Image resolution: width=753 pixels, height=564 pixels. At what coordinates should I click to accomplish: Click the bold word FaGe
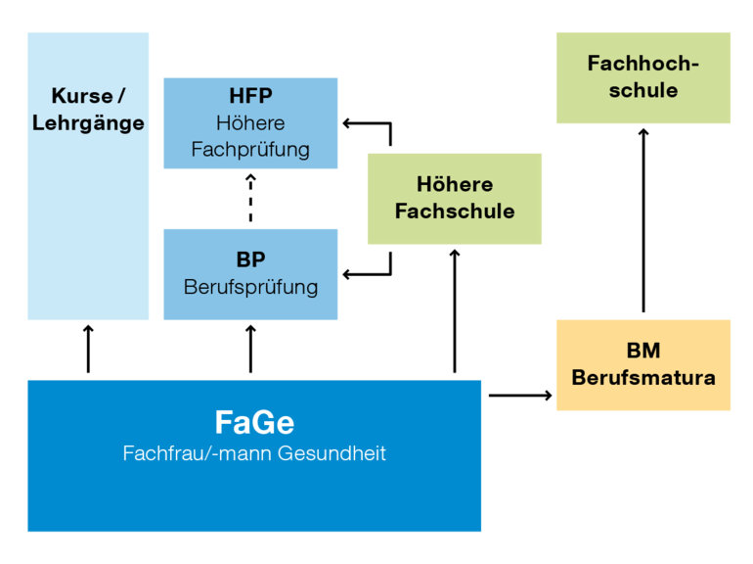tap(254, 422)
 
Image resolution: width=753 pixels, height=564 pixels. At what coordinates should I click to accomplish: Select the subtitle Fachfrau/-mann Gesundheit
tap(254, 453)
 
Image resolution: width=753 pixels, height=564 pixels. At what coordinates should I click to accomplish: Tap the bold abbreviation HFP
tap(250, 97)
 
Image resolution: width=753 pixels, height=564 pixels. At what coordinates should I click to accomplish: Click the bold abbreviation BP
tap(250, 260)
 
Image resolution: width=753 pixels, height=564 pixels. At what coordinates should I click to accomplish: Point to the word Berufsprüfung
tap(250, 287)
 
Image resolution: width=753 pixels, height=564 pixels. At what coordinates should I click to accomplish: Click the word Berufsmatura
tap(643, 377)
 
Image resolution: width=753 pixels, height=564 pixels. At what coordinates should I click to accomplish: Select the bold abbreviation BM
tap(643, 351)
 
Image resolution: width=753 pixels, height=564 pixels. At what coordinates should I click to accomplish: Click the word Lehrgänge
tap(88, 123)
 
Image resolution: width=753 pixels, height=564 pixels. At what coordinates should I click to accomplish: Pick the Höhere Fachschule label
tap(454, 198)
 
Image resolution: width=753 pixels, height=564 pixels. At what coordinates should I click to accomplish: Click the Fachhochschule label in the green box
tap(643, 76)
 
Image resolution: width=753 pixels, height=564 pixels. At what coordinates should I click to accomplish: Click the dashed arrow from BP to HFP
tap(250, 199)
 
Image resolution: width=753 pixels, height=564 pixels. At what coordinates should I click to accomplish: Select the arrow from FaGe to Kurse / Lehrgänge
tap(88, 349)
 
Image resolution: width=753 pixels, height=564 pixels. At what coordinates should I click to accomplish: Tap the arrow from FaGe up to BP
tap(250, 349)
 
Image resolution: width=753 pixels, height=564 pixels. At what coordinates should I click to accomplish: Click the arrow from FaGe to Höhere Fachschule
tap(455, 311)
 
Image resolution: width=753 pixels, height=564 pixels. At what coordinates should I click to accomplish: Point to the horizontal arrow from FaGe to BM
tap(519, 395)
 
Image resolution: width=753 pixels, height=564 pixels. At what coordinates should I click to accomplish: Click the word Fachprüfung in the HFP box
tap(250, 150)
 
